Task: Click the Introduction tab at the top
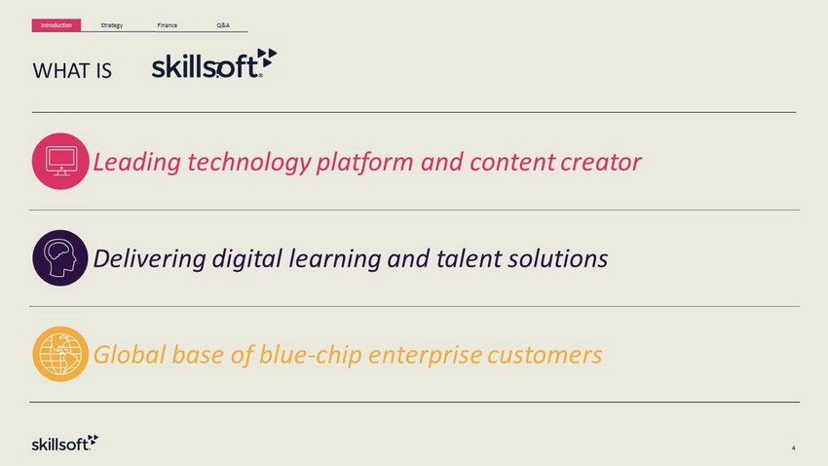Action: [x=56, y=25]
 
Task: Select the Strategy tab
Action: [x=112, y=25]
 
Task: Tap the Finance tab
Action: [x=168, y=25]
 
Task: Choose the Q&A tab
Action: [x=223, y=25]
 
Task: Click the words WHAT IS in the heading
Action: [x=72, y=71]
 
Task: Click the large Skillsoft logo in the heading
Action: [x=214, y=63]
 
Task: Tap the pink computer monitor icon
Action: [x=60, y=161]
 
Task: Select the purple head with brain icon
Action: [x=60, y=257]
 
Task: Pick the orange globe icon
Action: [x=60, y=354]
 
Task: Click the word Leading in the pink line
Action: [x=137, y=163]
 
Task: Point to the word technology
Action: [x=249, y=163]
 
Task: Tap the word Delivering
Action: [x=149, y=259]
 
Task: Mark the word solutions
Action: [x=558, y=259]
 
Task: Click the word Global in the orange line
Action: [x=130, y=355]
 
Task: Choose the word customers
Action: [x=545, y=356]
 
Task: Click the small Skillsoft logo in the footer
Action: [x=65, y=444]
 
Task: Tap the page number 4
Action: [x=793, y=448]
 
